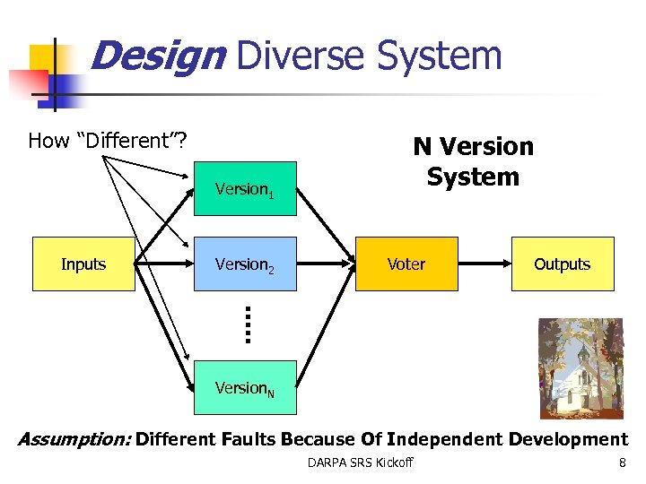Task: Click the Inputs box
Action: point(83,264)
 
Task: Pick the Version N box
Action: point(245,388)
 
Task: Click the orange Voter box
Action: point(406,264)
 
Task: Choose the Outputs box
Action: point(563,264)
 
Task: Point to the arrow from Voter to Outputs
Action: point(484,264)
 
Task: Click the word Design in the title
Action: point(157,56)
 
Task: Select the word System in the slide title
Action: point(439,56)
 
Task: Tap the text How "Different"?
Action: point(107,141)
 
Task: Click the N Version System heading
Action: point(473,161)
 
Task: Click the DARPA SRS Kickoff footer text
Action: point(360,462)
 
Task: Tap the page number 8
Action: point(622,462)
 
